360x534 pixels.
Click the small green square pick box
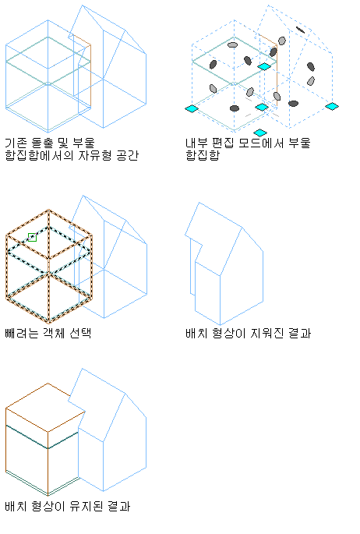[32, 237]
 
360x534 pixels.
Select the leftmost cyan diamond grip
[192, 108]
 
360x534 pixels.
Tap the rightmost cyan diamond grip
[332, 106]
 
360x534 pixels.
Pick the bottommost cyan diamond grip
[260, 133]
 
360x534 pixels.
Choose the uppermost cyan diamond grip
[264, 66]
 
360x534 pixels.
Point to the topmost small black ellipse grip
[301, 30]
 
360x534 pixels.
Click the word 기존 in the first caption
[16, 143]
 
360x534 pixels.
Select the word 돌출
[42, 143]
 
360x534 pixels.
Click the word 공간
[128, 155]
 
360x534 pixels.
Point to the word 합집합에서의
[40, 155]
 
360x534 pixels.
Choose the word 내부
[196, 143]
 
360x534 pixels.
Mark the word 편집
[223, 143]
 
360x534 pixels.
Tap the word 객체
[54, 333]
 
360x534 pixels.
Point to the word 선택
[80, 333]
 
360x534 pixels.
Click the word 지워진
[266, 333]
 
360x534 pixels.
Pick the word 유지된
[86, 506]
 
